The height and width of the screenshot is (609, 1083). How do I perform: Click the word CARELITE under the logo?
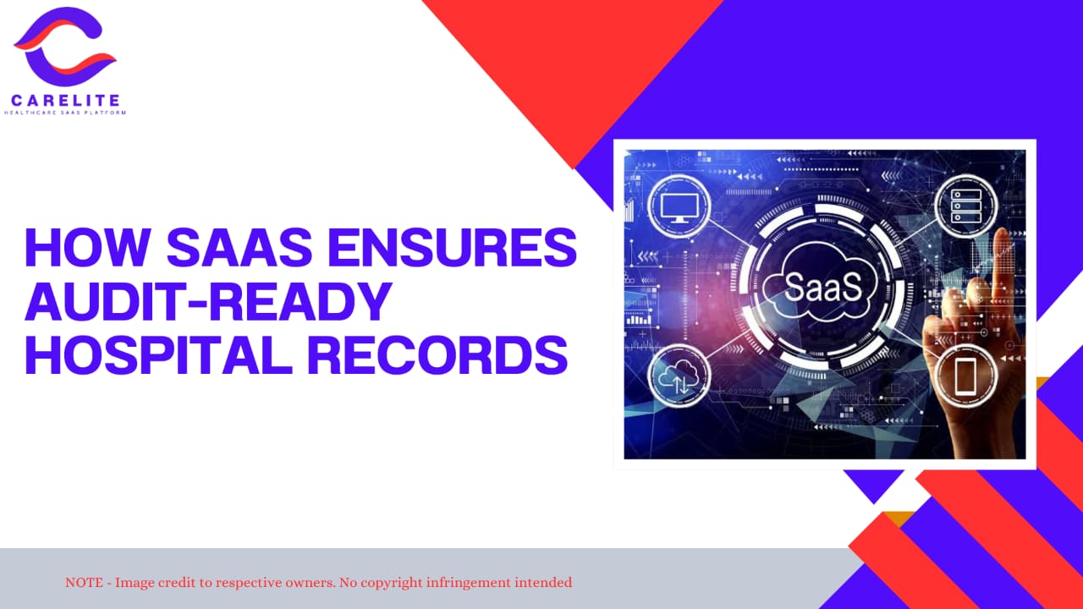click(65, 101)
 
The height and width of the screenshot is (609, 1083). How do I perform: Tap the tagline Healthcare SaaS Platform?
click(65, 113)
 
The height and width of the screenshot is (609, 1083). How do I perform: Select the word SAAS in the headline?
click(239, 247)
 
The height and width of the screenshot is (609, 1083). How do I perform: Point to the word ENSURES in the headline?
click(453, 247)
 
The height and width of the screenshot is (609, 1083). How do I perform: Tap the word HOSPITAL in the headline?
click(158, 354)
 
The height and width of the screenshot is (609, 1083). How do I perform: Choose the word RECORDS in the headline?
click(438, 354)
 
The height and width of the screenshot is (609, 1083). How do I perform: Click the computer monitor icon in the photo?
click(679, 207)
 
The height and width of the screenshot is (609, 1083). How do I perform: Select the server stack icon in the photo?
click(965, 206)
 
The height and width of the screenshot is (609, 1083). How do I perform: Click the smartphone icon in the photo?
click(965, 376)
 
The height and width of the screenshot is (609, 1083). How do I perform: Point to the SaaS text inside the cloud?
click(823, 287)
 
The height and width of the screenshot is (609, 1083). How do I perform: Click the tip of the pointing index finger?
click(1003, 232)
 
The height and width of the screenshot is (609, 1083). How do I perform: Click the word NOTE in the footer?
click(84, 583)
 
